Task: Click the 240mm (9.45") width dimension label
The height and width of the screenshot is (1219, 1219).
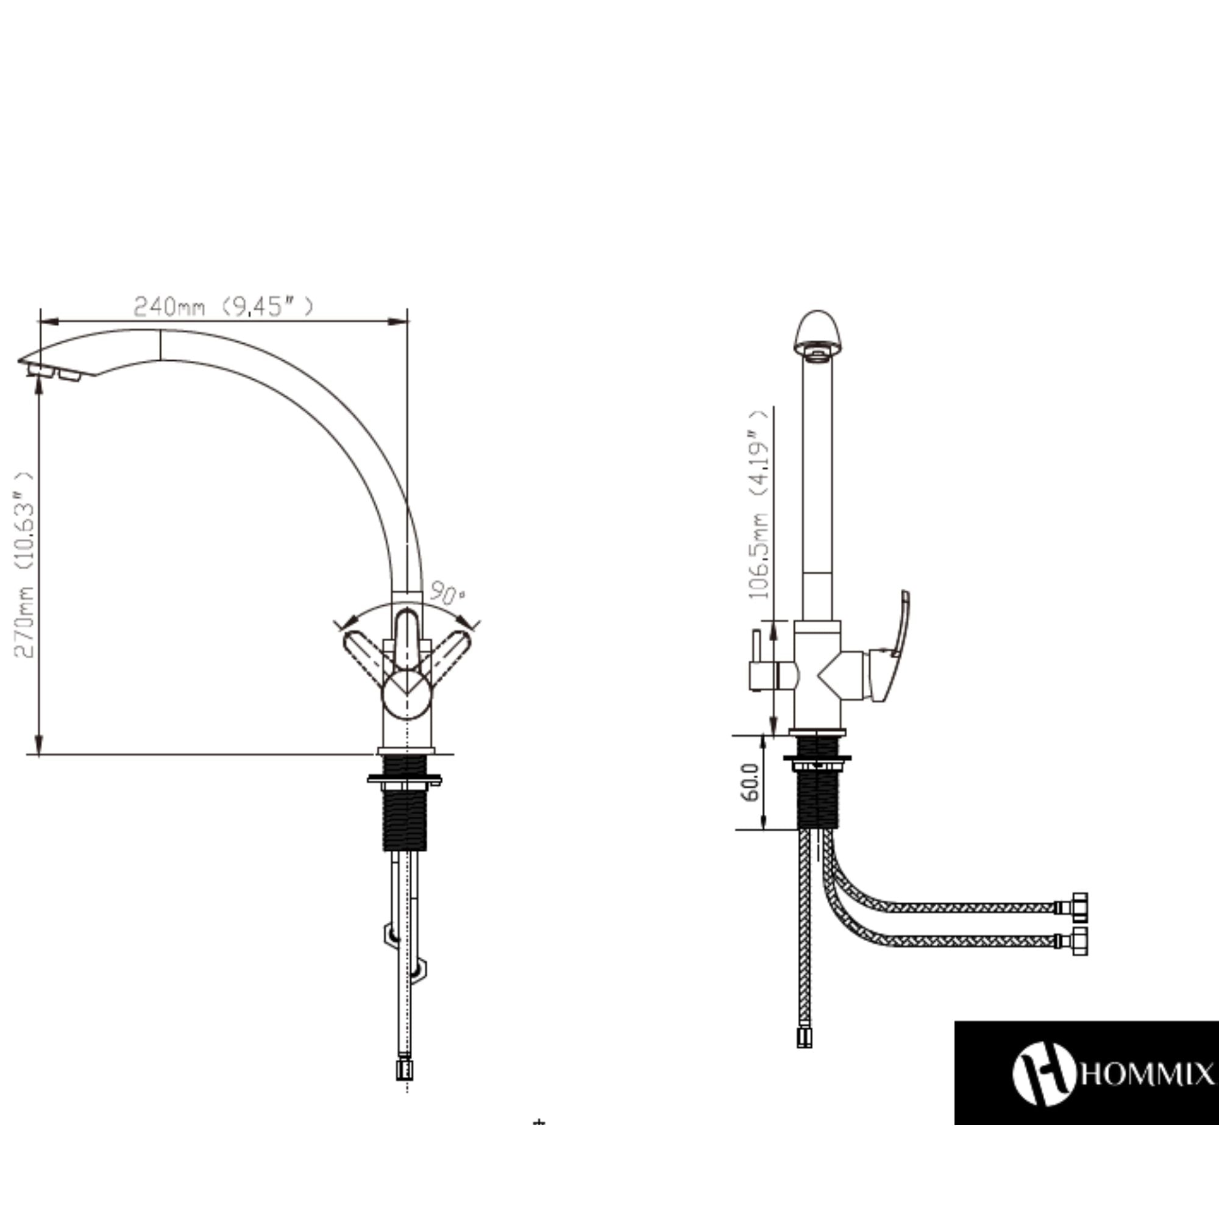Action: click(223, 307)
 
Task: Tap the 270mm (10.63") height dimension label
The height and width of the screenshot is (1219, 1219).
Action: click(24, 565)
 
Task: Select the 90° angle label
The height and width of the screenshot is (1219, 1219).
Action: click(447, 594)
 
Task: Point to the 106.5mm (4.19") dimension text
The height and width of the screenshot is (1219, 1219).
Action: click(759, 504)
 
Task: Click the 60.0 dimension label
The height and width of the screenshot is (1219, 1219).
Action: click(750, 783)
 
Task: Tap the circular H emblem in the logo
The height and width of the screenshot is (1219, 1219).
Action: click(1044, 1073)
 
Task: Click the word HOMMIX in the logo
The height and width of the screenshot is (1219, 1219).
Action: click(1148, 1075)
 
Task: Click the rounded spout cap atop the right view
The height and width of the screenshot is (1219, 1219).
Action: click(818, 335)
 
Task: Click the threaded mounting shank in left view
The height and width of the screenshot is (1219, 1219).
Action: click(405, 818)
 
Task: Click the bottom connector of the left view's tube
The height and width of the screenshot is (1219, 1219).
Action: click(405, 1069)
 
